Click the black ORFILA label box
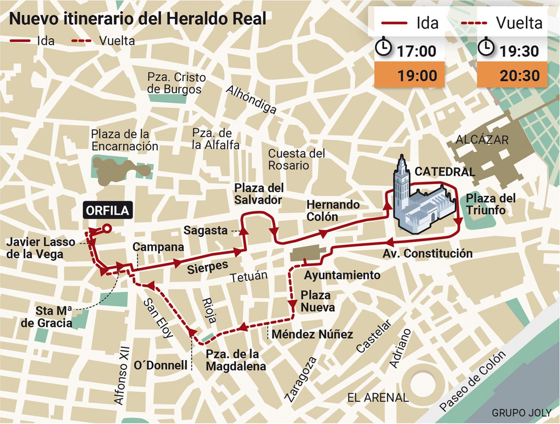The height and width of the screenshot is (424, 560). point(107,210)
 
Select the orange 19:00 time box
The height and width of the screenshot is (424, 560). point(409,75)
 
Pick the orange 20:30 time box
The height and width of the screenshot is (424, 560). point(512,75)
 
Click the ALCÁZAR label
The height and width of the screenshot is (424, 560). point(482,140)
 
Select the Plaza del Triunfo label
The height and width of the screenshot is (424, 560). point(490,204)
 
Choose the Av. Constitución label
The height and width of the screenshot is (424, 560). point(427,253)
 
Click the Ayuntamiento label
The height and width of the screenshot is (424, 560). point(342,275)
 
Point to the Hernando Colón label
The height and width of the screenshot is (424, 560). point(332,210)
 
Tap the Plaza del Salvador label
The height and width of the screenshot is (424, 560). point(259,194)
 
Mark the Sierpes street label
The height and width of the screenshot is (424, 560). point(208,267)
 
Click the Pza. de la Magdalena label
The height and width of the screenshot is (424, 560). point(236,360)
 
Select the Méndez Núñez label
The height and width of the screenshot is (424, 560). point(312,334)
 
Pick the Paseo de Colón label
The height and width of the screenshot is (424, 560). point(472,381)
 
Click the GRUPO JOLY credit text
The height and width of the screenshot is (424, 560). point(521,413)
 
